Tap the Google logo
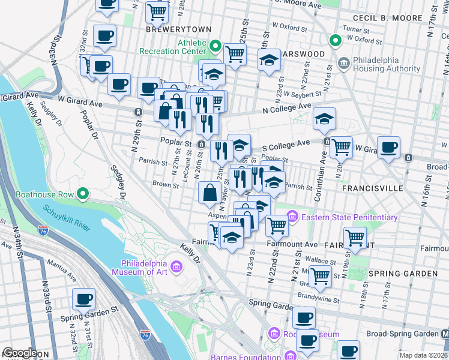[x=20, y=353]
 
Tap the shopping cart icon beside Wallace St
[x=320, y=276]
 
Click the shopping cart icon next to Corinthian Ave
[x=341, y=146]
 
